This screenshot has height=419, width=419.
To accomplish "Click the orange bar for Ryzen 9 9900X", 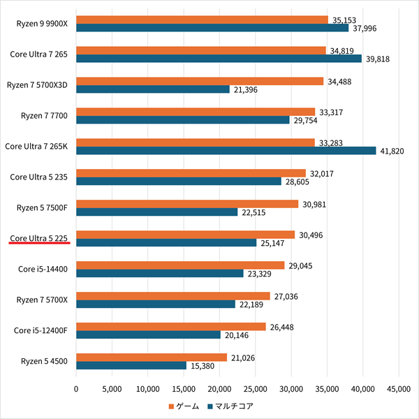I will [x=202, y=20].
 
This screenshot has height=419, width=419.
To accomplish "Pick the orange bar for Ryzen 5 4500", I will [x=152, y=358].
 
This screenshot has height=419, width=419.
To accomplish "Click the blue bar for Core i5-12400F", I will [x=148, y=335].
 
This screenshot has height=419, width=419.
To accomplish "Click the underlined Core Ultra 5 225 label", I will [x=38, y=238].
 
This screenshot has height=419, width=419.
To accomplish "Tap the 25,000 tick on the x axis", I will [x=256, y=388].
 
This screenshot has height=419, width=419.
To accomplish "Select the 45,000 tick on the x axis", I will [x=399, y=388].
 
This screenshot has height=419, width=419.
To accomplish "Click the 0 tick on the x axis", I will [x=76, y=388].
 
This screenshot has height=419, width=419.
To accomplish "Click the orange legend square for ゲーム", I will [x=171, y=406].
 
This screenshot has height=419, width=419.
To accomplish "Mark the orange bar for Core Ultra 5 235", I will [x=191, y=173].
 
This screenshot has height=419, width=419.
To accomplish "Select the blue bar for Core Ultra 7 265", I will [x=219, y=59].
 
